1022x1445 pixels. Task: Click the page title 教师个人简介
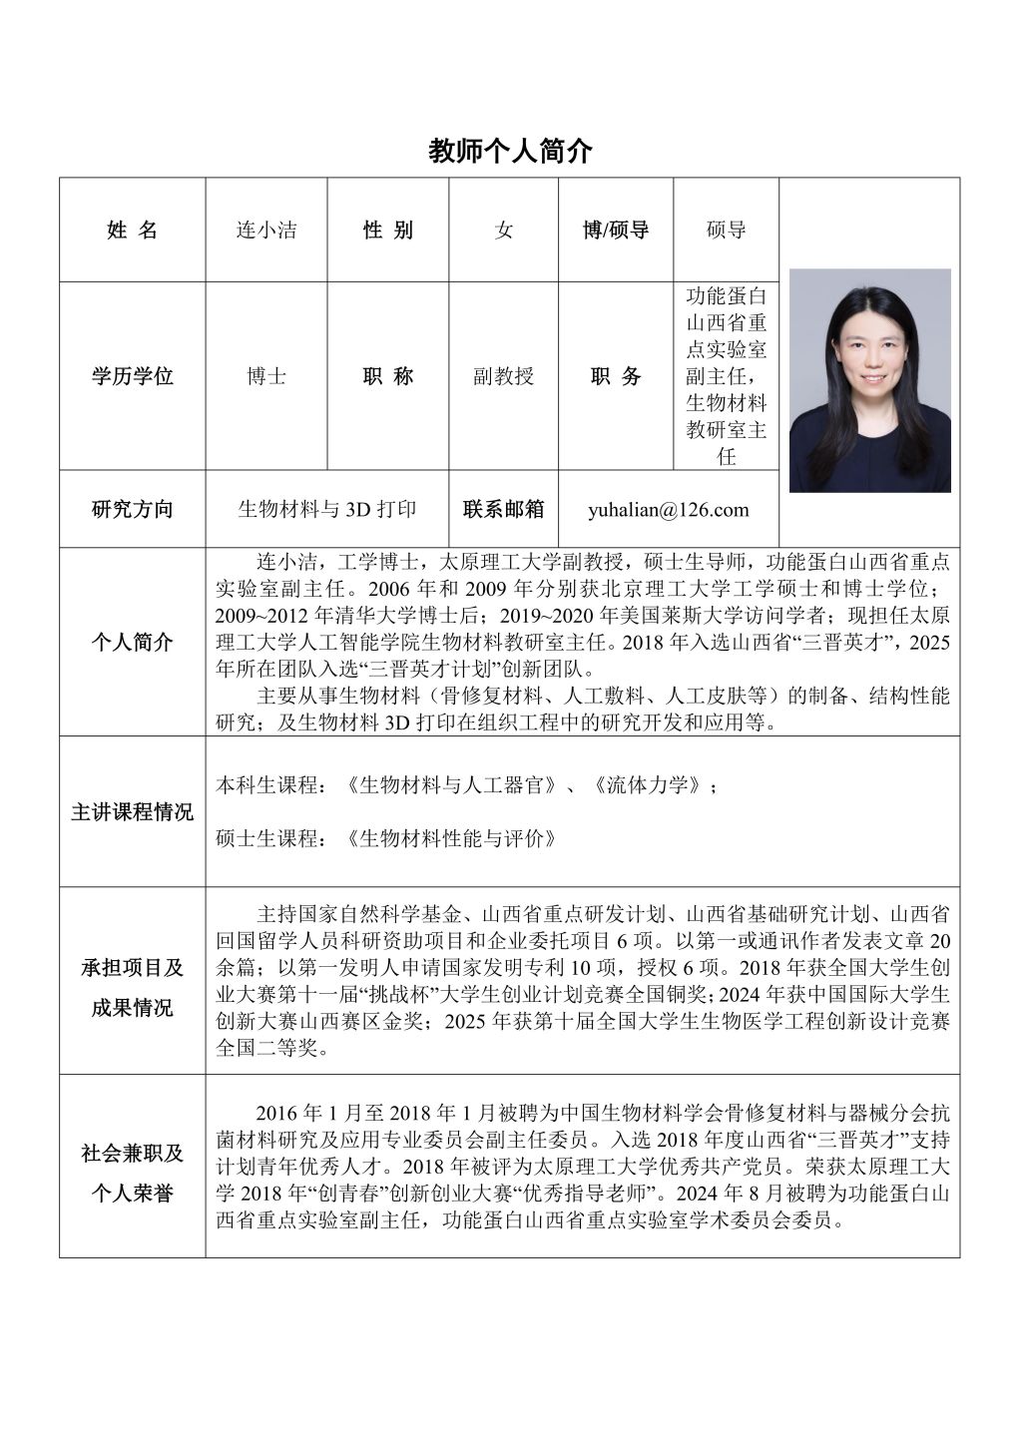pyautogui.click(x=510, y=151)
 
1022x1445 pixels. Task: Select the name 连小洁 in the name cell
pyautogui.click(x=265, y=231)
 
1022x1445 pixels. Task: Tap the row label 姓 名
pyautogui.click(x=133, y=231)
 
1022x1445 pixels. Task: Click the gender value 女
pyautogui.click(x=504, y=231)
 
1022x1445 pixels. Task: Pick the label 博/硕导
pyautogui.click(x=616, y=231)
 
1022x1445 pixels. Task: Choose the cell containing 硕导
pyautogui.click(x=726, y=231)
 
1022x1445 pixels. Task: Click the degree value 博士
pyautogui.click(x=265, y=376)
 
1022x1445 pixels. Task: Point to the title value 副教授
pyautogui.click(x=504, y=376)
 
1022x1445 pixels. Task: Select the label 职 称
pyautogui.click(x=388, y=376)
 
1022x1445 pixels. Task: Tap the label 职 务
pyautogui.click(x=616, y=376)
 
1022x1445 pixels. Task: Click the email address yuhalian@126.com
pyautogui.click(x=669, y=510)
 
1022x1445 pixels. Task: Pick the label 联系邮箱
pyautogui.click(x=504, y=509)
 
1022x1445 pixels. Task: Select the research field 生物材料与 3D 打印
pyautogui.click(x=327, y=509)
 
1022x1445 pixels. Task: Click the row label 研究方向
pyautogui.click(x=133, y=509)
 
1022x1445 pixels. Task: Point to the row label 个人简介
pyautogui.click(x=133, y=642)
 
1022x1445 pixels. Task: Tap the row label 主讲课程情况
pyautogui.click(x=133, y=811)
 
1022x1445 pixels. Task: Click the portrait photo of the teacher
pyautogui.click(x=869, y=380)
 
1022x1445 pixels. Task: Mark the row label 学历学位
pyautogui.click(x=133, y=376)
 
